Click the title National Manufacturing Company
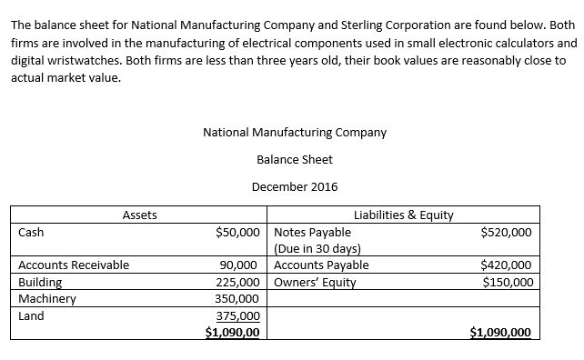click(295, 132)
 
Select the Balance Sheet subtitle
click(295, 159)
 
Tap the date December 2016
click(295, 186)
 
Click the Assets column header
click(139, 215)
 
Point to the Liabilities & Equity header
click(403, 215)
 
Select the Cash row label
click(31, 233)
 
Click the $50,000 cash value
click(241, 233)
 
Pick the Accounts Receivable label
click(74, 265)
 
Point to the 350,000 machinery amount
click(237, 298)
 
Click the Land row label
click(31, 316)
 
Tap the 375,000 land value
click(237, 316)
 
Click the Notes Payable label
click(312, 233)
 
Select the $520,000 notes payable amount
click(506, 233)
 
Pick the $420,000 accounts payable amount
click(506, 265)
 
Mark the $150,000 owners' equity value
click(506, 282)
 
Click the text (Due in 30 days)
click(318, 249)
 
